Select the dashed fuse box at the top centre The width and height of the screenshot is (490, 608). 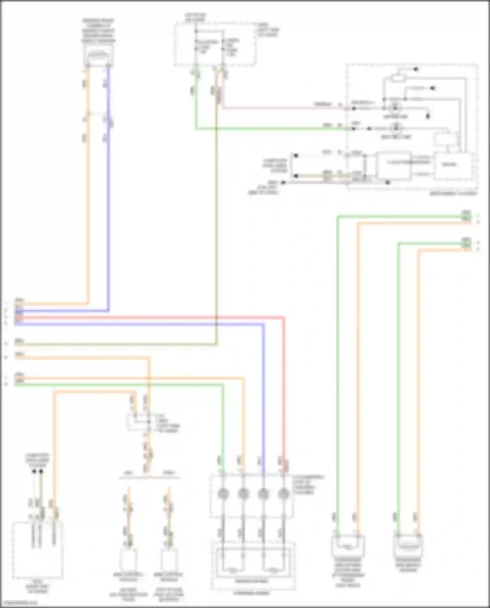215,44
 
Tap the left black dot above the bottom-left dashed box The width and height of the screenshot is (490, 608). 34,471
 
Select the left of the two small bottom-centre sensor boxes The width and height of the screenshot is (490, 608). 128,559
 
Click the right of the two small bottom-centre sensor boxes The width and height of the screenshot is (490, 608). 169,559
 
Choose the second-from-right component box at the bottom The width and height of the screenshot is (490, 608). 348,546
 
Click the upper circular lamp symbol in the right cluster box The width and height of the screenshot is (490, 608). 396,107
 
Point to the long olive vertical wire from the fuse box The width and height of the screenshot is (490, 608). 216,229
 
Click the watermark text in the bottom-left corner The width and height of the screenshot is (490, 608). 20,602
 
